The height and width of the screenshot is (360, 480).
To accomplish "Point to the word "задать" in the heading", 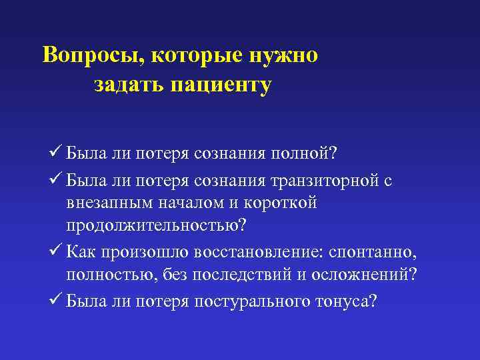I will pyautogui.click(x=128, y=85).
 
